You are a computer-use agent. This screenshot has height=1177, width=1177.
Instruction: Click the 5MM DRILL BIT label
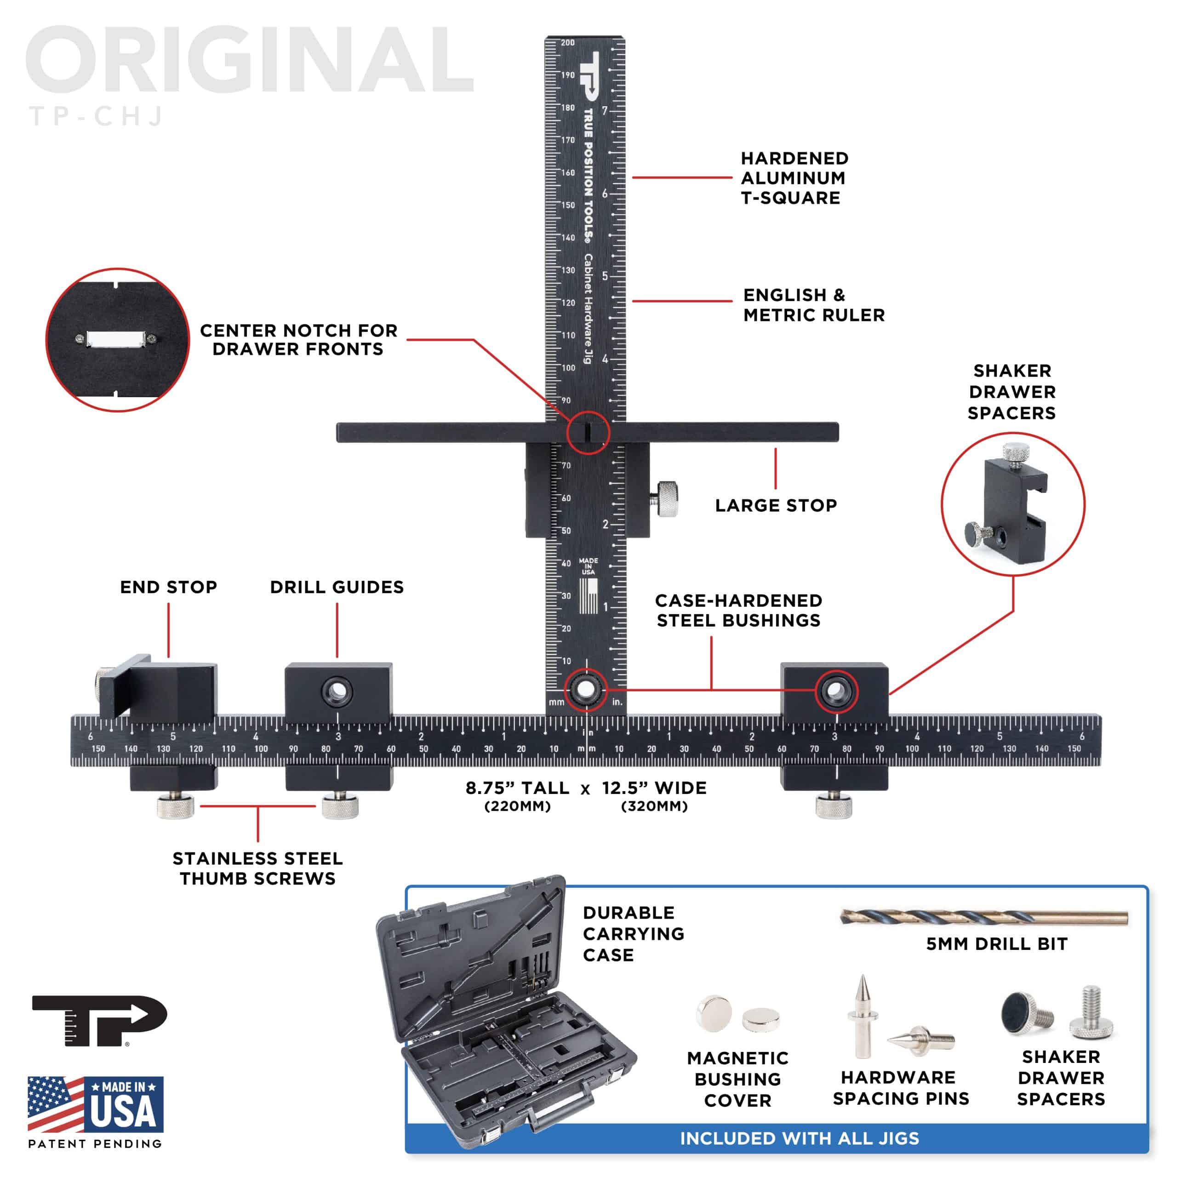[997, 944]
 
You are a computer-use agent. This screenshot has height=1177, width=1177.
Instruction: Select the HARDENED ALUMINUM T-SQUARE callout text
[794, 178]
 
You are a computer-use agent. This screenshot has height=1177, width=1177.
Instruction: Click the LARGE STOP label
[776, 506]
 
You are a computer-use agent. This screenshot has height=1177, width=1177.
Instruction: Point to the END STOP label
[169, 587]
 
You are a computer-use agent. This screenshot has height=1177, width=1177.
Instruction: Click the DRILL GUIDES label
[337, 587]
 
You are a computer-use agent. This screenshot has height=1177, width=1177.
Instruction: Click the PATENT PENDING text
[96, 1144]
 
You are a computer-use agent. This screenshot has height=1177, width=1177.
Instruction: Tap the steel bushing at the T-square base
[585, 690]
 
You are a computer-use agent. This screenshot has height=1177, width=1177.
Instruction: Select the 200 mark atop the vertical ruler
[568, 43]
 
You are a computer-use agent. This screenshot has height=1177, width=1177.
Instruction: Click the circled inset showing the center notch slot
[118, 339]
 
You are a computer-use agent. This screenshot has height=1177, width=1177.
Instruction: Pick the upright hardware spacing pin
[863, 1016]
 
